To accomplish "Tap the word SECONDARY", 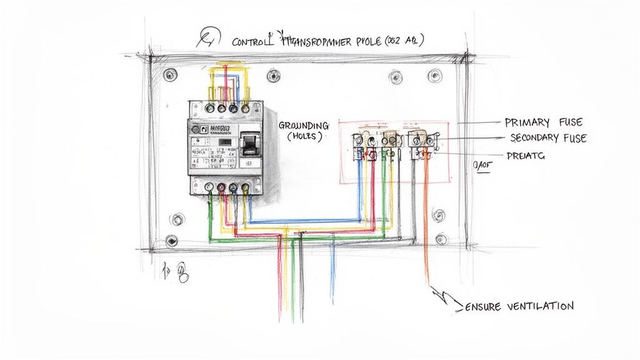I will coord(538,138).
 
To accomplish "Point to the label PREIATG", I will coord(526,156).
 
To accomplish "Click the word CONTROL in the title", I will coord(253,42).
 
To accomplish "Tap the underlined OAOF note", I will coord(483,166).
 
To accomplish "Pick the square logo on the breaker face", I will coord(203,128).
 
